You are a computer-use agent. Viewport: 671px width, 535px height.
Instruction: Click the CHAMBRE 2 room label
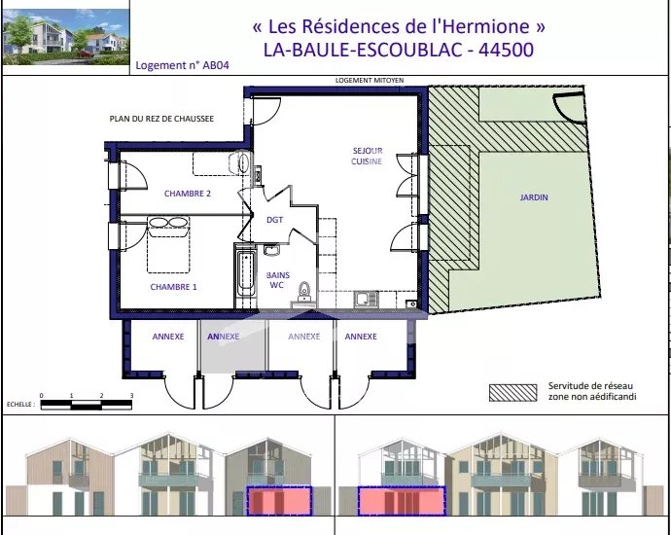[x=188, y=194]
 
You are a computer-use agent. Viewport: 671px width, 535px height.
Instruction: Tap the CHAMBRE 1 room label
[x=173, y=287]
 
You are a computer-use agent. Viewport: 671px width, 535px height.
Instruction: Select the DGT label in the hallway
[x=275, y=220]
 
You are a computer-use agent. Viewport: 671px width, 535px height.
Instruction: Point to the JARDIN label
[x=534, y=197]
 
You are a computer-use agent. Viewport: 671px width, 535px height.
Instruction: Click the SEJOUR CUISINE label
[x=368, y=156]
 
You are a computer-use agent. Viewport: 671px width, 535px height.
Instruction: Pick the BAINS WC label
[x=278, y=280]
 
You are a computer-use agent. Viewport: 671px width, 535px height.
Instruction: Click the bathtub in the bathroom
[x=246, y=274]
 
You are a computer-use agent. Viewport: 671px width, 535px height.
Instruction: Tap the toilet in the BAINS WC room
[x=304, y=290]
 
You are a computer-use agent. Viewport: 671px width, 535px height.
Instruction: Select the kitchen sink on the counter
[x=367, y=299]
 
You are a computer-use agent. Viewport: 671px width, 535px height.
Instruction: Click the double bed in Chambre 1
[x=168, y=245]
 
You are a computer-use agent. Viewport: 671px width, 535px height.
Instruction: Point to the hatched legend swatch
[x=512, y=392]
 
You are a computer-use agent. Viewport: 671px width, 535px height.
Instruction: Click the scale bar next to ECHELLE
[x=86, y=405]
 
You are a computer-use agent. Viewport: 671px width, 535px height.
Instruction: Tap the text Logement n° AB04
[x=182, y=65]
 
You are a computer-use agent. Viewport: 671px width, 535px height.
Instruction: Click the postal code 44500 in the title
[x=506, y=50]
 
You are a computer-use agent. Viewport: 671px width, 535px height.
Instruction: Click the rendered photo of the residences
[x=65, y=37]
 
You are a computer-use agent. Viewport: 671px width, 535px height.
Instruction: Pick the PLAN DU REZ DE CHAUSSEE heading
[x=161, y=119]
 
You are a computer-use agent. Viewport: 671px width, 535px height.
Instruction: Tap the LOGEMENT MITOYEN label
[x=370, y=80]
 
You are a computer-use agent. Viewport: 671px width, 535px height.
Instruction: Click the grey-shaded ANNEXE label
[x=223, y=337]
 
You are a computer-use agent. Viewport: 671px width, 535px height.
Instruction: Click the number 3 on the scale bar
[x=131, y=396]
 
